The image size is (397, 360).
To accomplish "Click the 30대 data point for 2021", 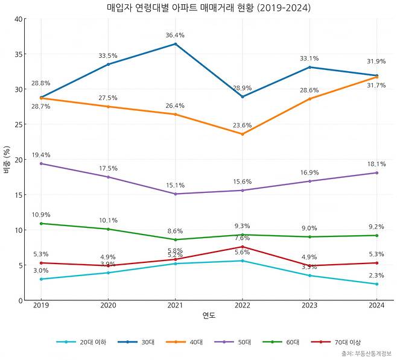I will [x=175, y=44].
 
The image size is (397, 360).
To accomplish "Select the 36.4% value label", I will [x=175, y=36].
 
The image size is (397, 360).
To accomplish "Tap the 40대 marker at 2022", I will [x=242, y=134].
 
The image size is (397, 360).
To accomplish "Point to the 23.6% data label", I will [x=242, y=125].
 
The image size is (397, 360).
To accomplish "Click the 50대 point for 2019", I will [x=41, y=163].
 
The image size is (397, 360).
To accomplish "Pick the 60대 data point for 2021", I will [x=175, y=239].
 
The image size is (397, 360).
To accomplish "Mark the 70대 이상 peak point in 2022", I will [x=242, y=247].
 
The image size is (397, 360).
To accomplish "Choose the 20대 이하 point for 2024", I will [x=376, y=284].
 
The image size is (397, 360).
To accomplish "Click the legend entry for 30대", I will [x=140, y=342].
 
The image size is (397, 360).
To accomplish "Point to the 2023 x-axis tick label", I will [x=310, y=305].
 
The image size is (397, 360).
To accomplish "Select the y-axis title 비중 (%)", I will [x=7, y=159].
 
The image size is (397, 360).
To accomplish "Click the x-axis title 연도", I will [x=209, y=315].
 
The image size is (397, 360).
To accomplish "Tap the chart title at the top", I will [x=209, y=8].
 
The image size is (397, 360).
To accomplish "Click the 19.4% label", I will [x=41, y=155].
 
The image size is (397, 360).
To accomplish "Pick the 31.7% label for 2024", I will [x=376, y=85].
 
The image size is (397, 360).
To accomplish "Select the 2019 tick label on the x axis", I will [x=41, y=305].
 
